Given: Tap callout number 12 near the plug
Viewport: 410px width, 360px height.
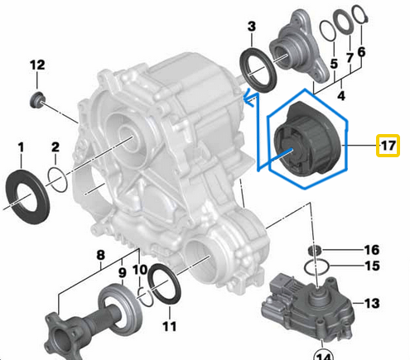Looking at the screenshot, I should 37,65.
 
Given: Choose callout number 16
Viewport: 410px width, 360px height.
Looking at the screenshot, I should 371,249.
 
